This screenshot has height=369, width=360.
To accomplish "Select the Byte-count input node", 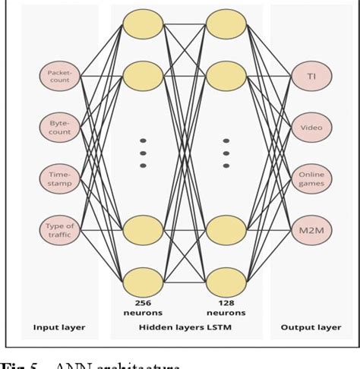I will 60,128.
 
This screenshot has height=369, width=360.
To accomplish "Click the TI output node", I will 311,76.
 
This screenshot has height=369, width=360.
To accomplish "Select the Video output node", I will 311,128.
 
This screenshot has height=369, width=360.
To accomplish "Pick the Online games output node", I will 311,178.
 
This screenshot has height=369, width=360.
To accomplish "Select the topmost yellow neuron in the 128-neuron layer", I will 225,24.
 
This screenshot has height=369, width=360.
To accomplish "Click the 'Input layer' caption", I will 60,327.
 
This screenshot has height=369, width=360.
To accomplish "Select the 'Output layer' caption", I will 311,327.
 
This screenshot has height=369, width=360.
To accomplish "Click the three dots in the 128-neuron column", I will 225,151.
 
